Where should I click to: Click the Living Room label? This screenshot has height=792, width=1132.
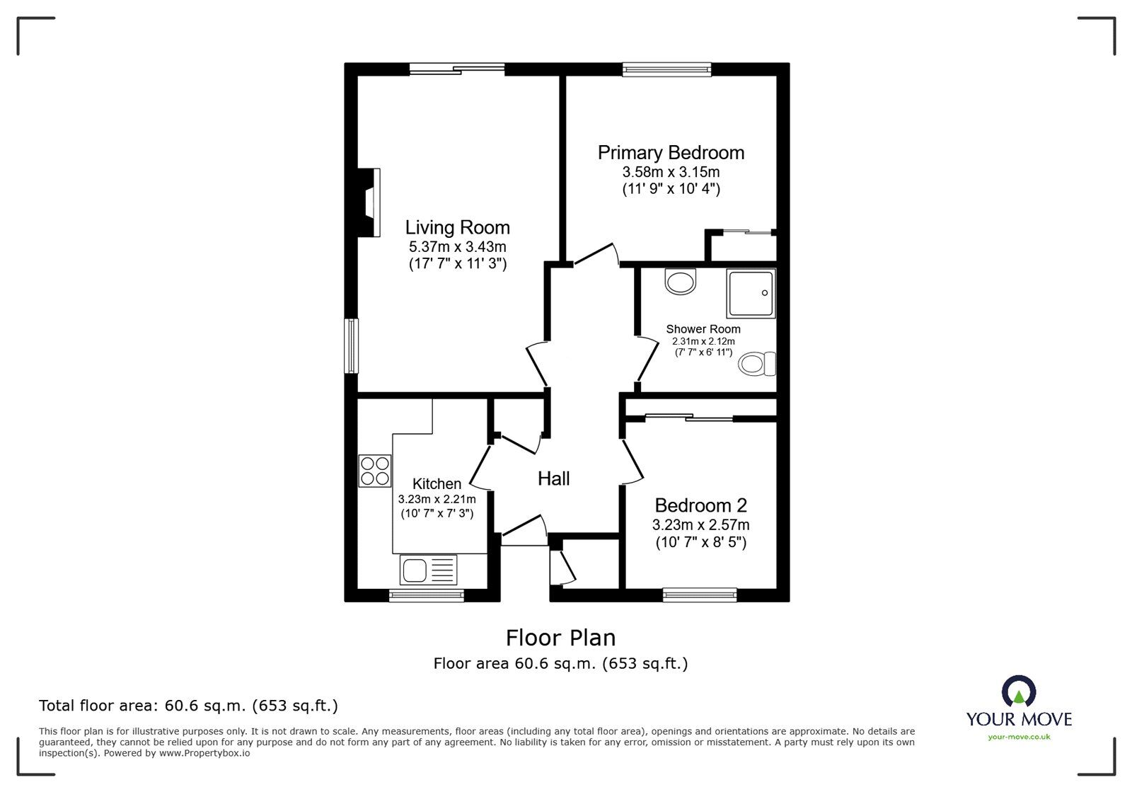click(457, 227)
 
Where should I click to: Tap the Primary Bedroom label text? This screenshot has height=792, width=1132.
click(671, 152)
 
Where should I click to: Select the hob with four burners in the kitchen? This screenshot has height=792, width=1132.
click(374, 471)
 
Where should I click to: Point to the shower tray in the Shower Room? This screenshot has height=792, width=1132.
click(750, 292)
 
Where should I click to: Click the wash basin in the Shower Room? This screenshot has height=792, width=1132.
click(681, 281)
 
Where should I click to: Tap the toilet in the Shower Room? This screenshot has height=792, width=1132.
click(757, 365)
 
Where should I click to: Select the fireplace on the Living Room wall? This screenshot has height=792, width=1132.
click(370, 202)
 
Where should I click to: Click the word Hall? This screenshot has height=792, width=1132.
click(553, 478)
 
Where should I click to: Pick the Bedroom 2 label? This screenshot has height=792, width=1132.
click(700, 505)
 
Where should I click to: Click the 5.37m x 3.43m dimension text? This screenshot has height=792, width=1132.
click(457, 247)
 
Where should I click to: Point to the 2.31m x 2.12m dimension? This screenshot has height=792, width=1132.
click(703, 341)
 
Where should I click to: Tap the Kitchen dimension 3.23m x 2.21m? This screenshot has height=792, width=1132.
click(437, 499)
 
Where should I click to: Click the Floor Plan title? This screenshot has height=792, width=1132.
click(560, 638)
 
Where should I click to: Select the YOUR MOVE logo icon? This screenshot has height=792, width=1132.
click(1019, 691)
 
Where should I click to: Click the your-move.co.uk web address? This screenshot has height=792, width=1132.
click(1019, 737)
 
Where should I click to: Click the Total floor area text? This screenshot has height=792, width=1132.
click(188, 705)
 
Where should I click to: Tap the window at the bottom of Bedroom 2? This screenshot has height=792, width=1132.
click(700, 595)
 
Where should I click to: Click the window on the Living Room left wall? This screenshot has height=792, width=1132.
click(351, 345)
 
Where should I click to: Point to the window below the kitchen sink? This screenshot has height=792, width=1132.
click(427, 595)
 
